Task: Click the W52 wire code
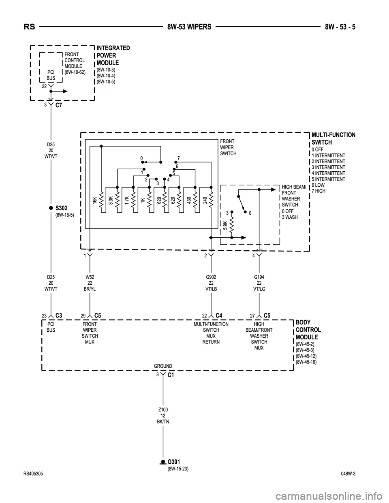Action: pyautogui.click(x=90, y=277)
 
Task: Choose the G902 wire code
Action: pyautogui.click(x=211, y=277)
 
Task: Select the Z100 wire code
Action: pyautogui.click(x=163, y=410)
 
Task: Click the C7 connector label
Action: pyautogui.click(x=59, y=106)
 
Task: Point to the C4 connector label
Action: pyautogui.click(x=219, y=315)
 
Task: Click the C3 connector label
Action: pyautogui.click(x=59, y=315)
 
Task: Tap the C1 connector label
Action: pyautogui.click(x=171, y=376)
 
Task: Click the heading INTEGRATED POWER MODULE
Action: pyautogui.click(x=113, y=55)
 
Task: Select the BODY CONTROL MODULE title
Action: pyautogui.click(x=308, y=330)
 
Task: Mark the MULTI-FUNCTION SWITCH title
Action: pyautogui.click(x=333, y=139)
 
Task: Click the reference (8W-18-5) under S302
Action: pyautogui.click(x=64, y=215)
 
